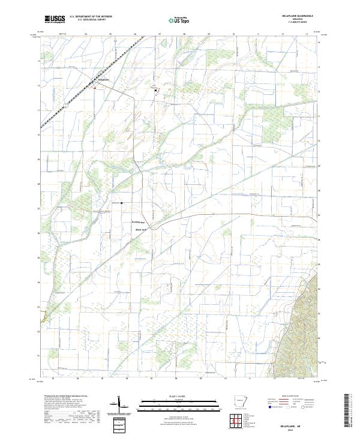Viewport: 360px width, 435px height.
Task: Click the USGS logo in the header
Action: (x=55, y=19)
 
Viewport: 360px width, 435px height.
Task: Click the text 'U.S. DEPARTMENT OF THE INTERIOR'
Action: (x=91, y=17)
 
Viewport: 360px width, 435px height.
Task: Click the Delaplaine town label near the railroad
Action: (x=104, y=79)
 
